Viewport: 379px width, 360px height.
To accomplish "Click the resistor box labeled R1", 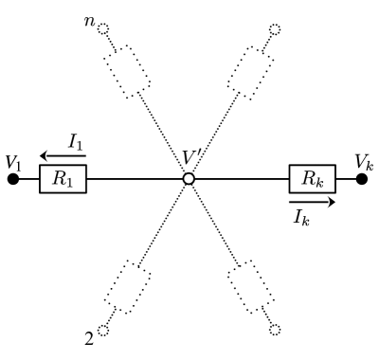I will point(63,178).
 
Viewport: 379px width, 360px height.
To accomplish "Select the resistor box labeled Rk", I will point(312,178).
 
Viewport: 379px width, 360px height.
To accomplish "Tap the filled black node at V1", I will point(12,178).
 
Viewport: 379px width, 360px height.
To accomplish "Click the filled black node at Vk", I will point(362,178).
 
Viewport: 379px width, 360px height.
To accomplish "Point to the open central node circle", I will point(189,178).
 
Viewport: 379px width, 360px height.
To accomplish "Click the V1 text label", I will point(12,161).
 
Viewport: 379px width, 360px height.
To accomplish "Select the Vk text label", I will point(364,161).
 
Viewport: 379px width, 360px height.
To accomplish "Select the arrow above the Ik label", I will point(312,201).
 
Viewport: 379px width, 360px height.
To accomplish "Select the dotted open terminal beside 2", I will point(103,329).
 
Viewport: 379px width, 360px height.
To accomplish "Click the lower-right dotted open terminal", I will point(275,329).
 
